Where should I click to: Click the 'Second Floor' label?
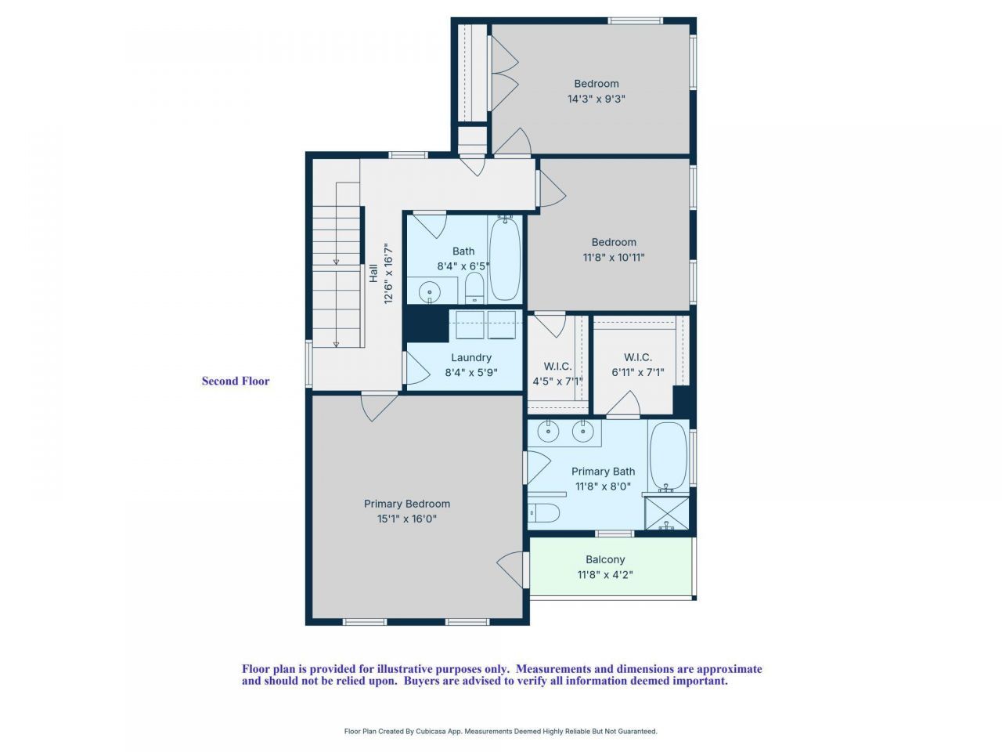[x=236, y=381]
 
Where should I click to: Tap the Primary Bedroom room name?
[x=406, y=504]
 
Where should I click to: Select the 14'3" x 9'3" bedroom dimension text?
[x=597, y=99]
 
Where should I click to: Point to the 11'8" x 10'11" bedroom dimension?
[x=614, y=257]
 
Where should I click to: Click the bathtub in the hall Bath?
[x=505, y=258]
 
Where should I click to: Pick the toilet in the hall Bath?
[x=474, y=288]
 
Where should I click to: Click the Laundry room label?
[x=471, y=358]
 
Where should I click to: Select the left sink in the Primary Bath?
[x=550, y=431]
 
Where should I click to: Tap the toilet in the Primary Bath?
[x=544, y=514]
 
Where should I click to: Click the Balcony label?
[x=605, y=559]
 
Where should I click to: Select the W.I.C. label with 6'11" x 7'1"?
[x=638, y=357]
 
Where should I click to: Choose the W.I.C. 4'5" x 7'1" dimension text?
[x=557, y=381]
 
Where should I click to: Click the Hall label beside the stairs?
[x=373, y=273]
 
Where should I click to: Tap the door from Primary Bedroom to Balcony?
[x=513, y=569]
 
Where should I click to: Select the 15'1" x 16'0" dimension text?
[x=406, y=519]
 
